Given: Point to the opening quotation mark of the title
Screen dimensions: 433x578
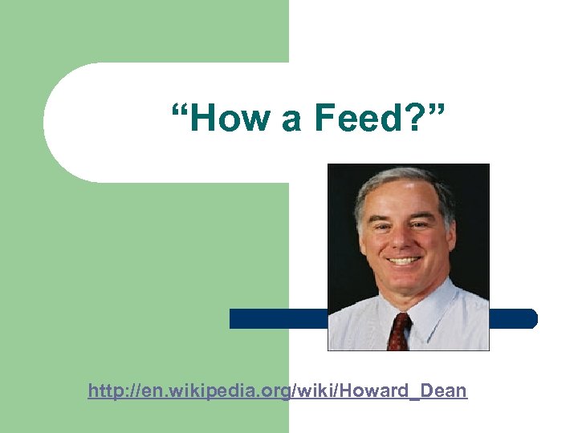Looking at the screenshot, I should tap(179, 110).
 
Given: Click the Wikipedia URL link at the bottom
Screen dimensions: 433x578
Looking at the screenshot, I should tap(277, 391).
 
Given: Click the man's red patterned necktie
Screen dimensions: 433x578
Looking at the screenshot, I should tap(400, 331).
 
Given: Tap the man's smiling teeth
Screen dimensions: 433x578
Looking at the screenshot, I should tap(404, 261).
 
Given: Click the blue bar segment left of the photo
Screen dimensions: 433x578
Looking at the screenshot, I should tap(278, 318).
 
